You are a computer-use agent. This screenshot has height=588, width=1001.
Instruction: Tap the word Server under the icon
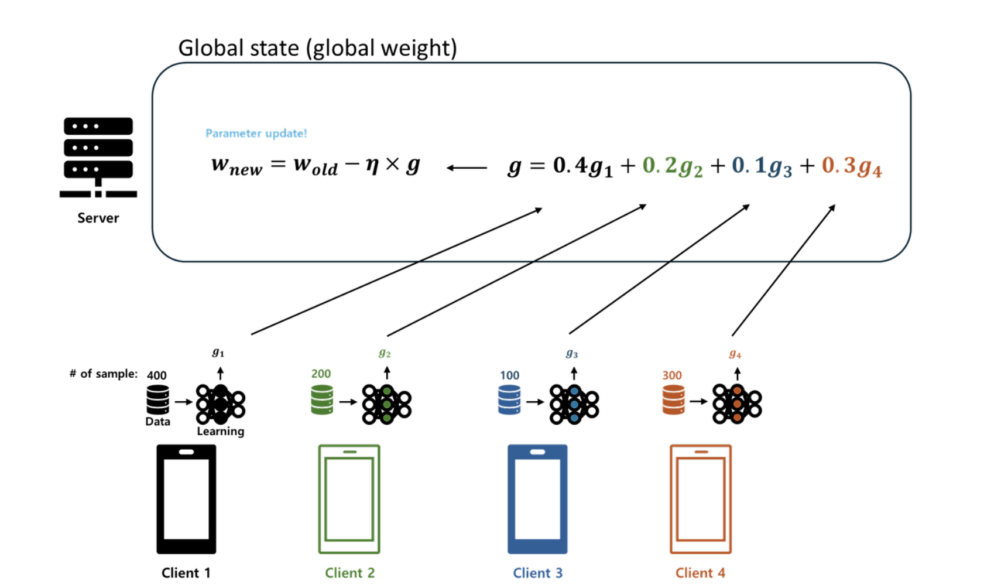tap(98, 218)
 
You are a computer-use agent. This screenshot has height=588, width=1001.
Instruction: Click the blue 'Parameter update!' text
tap(256, 134)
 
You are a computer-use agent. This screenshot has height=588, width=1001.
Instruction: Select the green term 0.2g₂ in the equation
tap(672, 166)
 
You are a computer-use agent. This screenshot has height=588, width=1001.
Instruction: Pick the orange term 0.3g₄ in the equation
tap(851, 166)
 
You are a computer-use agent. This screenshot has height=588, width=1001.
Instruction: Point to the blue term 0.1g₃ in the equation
tap(762, 166)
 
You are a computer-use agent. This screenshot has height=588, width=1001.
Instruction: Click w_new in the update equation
tap(236, 166)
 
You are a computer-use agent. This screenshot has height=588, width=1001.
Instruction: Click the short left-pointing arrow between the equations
tap(467, 168)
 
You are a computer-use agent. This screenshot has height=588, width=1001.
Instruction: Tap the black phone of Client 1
tap(186, 499)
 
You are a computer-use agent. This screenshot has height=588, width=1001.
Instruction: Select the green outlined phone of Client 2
tap(349, 499)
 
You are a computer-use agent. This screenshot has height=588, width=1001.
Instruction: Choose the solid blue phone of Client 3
tap(537, 499)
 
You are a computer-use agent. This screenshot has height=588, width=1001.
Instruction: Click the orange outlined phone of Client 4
tap(700, 499)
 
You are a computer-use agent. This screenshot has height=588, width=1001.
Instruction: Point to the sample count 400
tap(156, 375)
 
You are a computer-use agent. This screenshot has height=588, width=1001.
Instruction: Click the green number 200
tap(321, 374)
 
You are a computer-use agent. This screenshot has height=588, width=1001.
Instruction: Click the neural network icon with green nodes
tap(386, 404)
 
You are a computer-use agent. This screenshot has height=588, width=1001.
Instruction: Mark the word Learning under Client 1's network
tap(220, 432)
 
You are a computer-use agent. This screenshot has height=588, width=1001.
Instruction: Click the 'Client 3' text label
tap(537, 573)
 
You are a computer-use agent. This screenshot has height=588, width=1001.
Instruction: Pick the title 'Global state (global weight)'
tap(317, 48)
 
